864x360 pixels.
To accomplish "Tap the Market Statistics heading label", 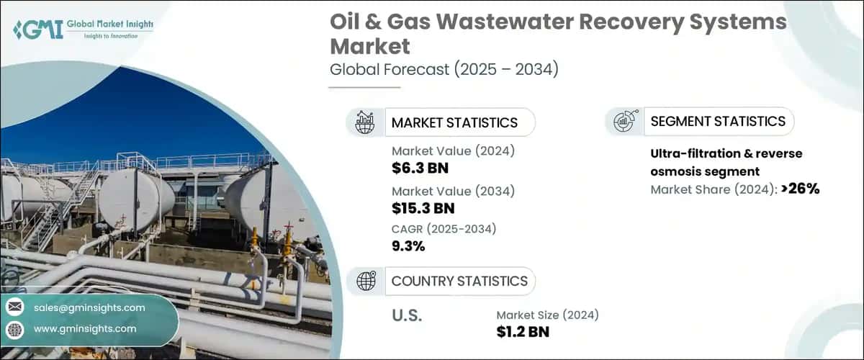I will tap(454, 122).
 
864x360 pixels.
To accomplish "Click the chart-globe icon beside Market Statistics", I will tap(366, 122).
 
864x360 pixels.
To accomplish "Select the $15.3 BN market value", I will tap(423, 209).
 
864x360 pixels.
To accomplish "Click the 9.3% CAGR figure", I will tap(408, 246).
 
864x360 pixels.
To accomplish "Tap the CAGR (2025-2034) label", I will tap(444, 228).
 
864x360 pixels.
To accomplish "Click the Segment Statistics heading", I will tap(718, 122).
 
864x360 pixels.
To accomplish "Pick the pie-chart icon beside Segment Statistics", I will tap(624, 122).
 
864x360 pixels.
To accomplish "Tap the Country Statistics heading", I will tap(459, 281).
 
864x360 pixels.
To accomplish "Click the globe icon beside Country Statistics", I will tap(366, 281).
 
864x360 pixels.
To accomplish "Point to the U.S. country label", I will tap(407, 316).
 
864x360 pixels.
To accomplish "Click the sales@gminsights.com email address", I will tap(89, 307).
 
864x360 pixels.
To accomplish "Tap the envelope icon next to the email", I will tap(14, 307).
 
